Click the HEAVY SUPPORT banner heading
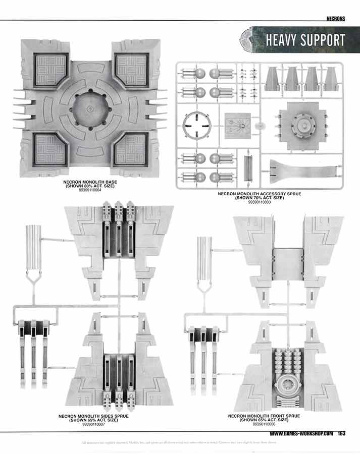[305, 40]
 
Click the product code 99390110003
[259, 202]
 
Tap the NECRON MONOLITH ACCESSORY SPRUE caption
[259, 194]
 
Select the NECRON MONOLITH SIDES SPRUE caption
[93, 417]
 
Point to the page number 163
[342, 434]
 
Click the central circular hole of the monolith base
[90, 108]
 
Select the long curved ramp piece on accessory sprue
[303, 169]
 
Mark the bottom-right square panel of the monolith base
[130, 150]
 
